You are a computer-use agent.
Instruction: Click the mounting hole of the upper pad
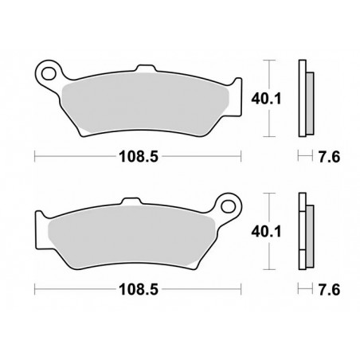[49, 73]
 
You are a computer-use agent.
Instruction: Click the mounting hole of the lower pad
[229, 206]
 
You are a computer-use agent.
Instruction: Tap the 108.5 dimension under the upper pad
[139, 156]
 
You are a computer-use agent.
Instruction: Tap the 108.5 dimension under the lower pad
[139, 289]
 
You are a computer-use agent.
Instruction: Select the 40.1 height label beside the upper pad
[266, 99]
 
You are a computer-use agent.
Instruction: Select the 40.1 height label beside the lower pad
[266, 232]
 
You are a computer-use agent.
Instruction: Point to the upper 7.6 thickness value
[329, 157]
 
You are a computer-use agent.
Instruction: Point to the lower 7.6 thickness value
[329, 289]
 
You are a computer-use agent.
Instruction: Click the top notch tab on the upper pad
[146, 68]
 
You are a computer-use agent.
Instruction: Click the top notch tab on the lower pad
[132, 201]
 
